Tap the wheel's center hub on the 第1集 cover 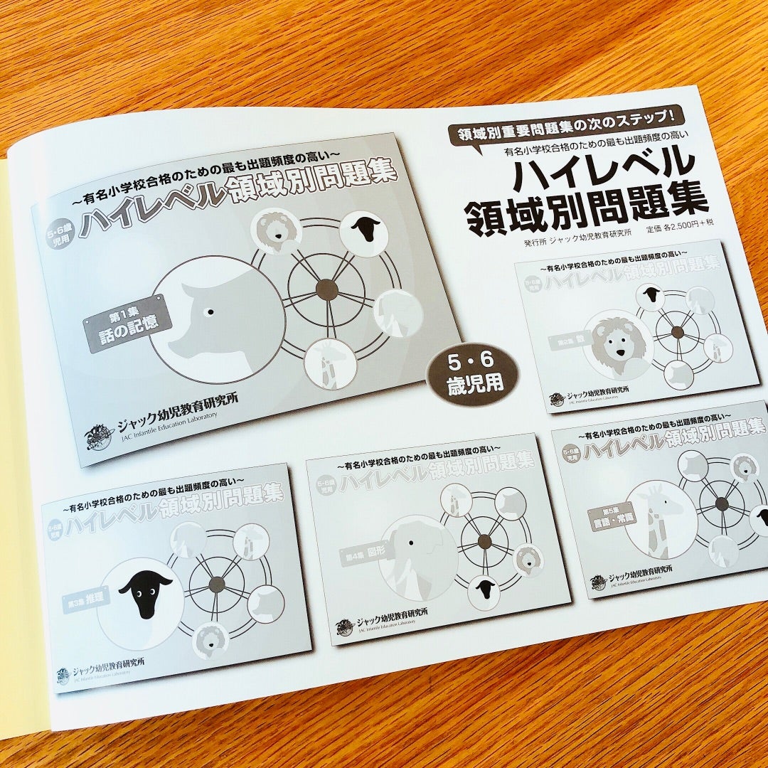[x=326, y=288]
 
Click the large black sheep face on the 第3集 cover [x=145, y=592]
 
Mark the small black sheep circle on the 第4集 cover [x=486, y=588]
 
